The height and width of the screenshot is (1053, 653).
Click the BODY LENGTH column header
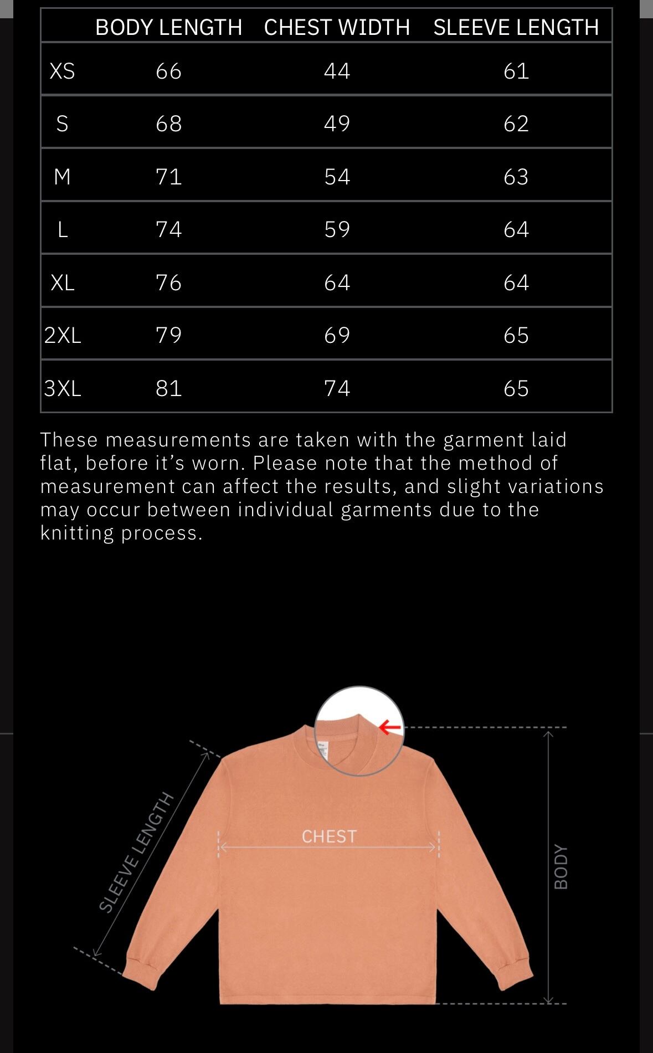(168, 27)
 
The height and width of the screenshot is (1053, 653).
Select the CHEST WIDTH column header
(337, 27)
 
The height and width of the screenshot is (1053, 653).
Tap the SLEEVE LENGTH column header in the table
(516, 27)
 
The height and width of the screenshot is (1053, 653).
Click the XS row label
(62, 71)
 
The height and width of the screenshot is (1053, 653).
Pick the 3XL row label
(63, 388)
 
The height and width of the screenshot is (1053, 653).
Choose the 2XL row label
(63, 335)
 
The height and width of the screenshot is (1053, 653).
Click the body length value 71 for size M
(168, 177)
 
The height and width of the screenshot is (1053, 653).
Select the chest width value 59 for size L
(337, 229)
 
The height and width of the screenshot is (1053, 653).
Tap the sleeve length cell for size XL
(516, 282)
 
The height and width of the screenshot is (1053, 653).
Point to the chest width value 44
(337, 71)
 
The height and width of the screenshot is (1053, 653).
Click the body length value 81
(168, 388)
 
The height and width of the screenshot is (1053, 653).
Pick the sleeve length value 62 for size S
(516, 124)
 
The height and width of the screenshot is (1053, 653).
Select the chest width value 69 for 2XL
(337, 335)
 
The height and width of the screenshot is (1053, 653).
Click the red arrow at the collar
(390, 727)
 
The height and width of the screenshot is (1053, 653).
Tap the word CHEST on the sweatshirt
(329, 836)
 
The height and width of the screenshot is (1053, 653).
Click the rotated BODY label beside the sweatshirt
(561, 867)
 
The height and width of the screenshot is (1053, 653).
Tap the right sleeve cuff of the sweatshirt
(513, 974)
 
